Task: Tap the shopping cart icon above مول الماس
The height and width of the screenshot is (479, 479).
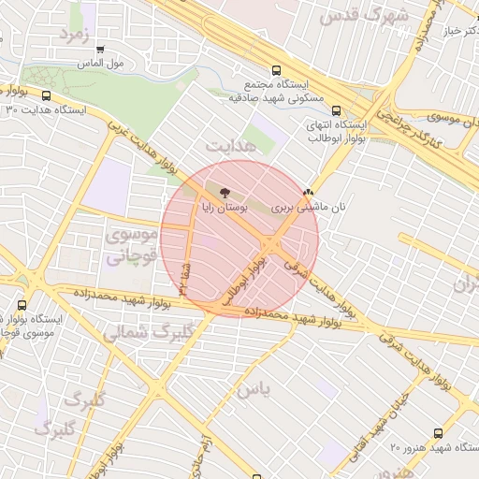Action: click(x=100, y=50)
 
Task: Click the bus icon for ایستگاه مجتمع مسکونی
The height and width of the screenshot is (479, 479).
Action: click(x=275, y=70)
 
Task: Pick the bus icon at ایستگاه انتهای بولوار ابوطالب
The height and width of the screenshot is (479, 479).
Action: click(x=337, y=109)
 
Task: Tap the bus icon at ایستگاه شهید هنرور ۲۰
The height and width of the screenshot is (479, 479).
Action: click(x=438, y=433)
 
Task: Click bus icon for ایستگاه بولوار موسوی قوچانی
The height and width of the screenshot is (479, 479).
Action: click(x=22, y=304)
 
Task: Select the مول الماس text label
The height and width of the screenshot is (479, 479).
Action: click(x=100, y=65)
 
